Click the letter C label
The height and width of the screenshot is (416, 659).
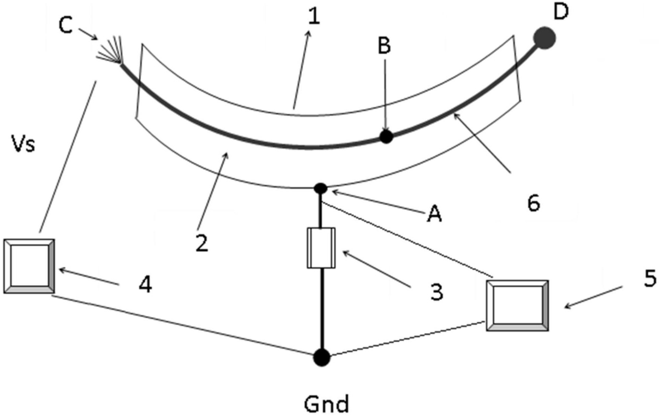coord(66,26)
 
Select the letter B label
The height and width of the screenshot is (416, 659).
coord(384,46)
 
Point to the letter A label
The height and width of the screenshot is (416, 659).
coord(434,214)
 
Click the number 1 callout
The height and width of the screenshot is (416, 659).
coord(314,17)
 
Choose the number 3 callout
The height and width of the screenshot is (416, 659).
coord(437,291)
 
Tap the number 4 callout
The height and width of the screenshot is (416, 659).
coord(145,284)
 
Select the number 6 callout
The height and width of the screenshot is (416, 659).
coord(534,203)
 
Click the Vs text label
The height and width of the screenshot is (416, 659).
coord(24,144)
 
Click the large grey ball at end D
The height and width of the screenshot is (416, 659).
coord(544,38)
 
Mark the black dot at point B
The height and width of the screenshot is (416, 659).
coord(386,136)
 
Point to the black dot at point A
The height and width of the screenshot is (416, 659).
coord(321,188)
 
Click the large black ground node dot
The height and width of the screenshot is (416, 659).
coord(322,357)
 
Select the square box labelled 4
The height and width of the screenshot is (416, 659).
coord(29,266)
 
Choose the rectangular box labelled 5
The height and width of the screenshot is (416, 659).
coord(517,305)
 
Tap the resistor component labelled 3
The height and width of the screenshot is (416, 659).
coord(321,248)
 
